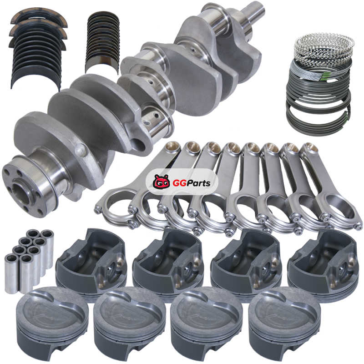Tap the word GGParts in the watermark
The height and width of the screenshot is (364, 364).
192,183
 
